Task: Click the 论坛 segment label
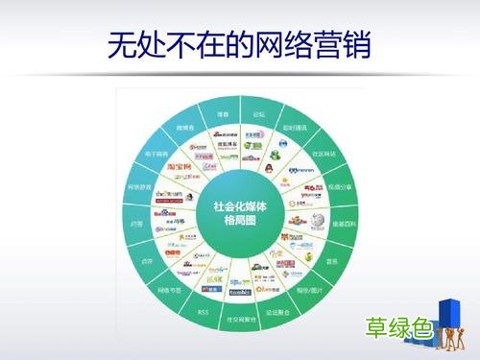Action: [259, 113]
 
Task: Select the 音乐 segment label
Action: [336, 258]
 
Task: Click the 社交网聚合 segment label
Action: [238, 318]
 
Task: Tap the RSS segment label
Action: [203, 312]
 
